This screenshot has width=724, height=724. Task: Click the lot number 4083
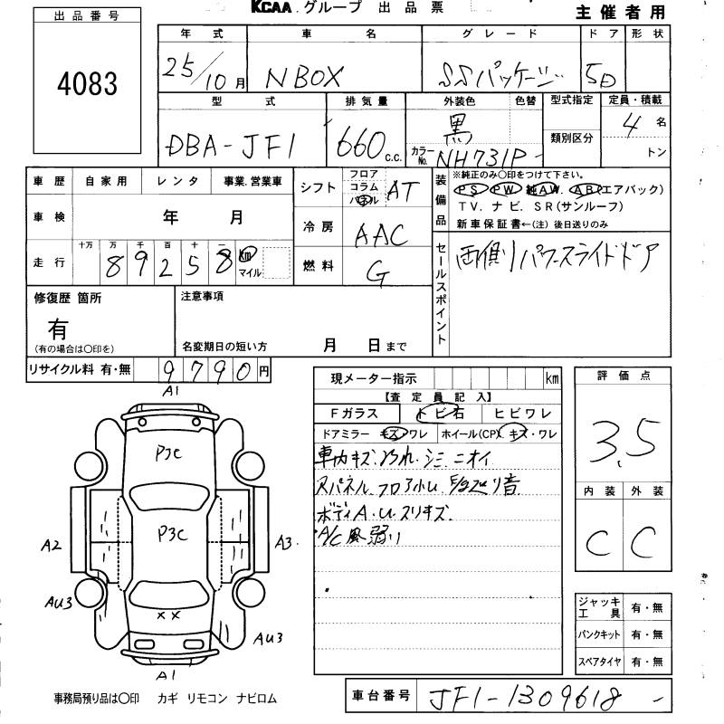pos(87,84)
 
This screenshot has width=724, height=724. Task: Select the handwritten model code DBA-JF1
pos(233,144)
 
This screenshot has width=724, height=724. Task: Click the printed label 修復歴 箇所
pos(68,297)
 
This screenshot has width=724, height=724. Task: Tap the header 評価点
pos(624,376)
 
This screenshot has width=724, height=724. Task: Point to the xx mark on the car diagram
pos(167,615)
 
